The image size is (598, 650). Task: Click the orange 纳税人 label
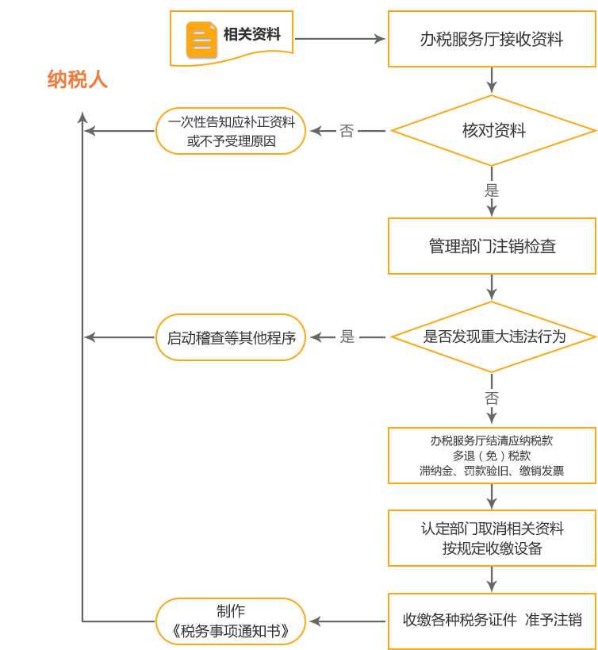click(77, 79)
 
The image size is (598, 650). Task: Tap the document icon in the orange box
click(202, 40)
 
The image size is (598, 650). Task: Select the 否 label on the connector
click(347, 131)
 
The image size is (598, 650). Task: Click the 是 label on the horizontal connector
click(347, 337)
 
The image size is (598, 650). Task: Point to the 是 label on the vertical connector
click(492, 190)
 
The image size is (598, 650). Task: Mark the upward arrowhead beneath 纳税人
click(82, 117)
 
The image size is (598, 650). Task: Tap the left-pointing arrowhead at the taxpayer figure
click(90, 131)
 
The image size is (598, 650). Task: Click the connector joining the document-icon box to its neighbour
click(340, 39)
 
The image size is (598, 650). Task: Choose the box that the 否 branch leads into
click(231, 131)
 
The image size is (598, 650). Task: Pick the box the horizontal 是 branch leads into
click(231, 337)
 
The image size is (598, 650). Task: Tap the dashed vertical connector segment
click(492, 399)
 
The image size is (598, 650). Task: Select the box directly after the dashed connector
click(492, 456)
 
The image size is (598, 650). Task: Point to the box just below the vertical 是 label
click(492, 246)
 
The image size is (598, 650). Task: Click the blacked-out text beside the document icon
click(252, 34)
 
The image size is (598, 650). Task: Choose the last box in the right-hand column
click(492, 621)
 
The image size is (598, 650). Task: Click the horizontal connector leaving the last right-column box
click(347, 621)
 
